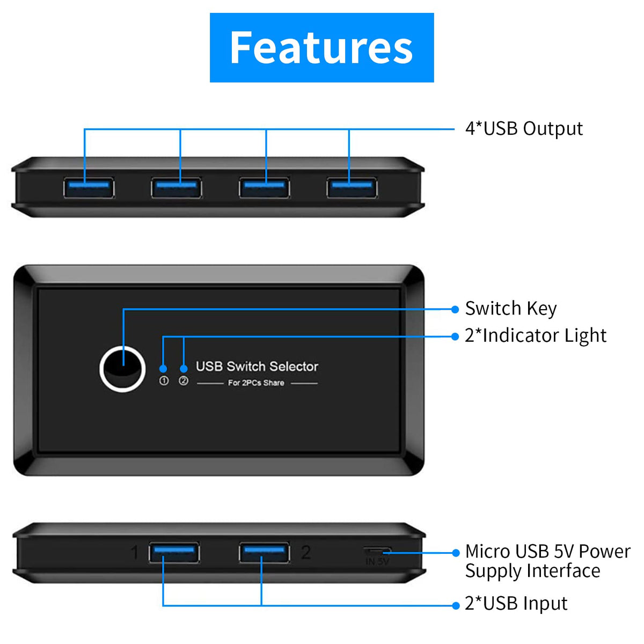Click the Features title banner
point(321,48)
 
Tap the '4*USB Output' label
point(524,129)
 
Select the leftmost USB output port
point(89,188)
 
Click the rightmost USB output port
point(352,188)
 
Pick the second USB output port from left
point(177,188)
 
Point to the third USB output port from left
point(264,188)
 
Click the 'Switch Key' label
point(511,309)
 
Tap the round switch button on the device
point(123,370)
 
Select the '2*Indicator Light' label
point(536,336)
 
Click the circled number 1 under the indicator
point(164,381)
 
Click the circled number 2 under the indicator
point(184,381)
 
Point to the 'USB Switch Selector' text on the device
point(257,367)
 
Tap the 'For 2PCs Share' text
point(256,383)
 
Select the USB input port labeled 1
point(174,552)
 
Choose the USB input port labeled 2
point(264,552)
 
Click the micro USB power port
point(377,551)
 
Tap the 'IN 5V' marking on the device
point(377,561)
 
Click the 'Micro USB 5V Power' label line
point(547,552)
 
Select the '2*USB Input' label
point(516,604)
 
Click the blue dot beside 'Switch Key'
point(455,309)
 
